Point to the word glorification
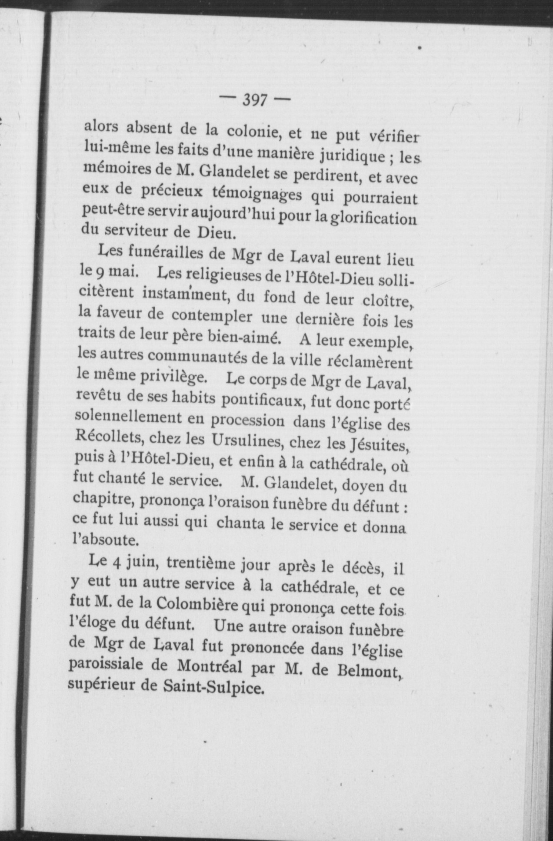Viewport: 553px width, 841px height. coord(374,218)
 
